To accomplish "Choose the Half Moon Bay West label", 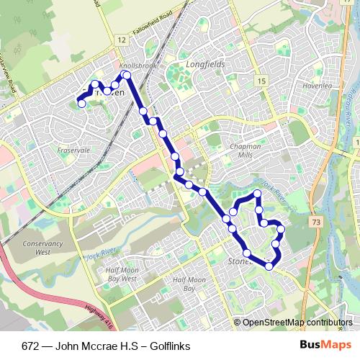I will [x=121, y=274].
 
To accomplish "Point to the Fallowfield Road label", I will [x=153, y=31].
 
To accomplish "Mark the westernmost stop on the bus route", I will [x=81, y=104].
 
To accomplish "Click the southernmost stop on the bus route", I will [x=269, y=266].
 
